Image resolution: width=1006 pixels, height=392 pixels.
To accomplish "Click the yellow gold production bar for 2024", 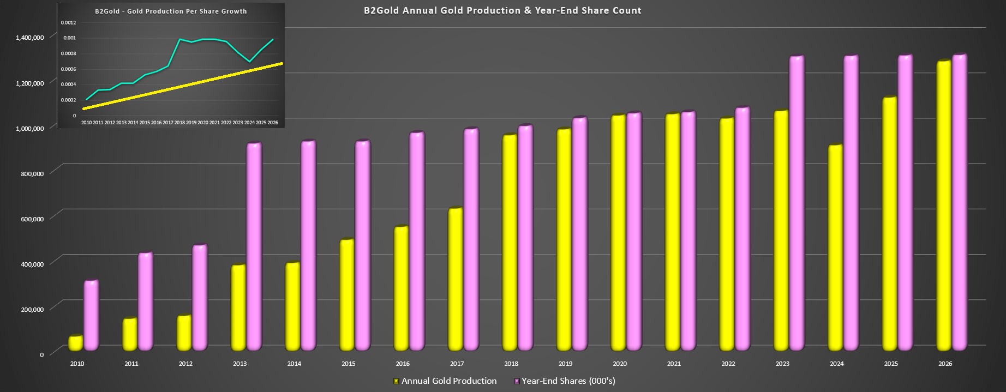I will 835,248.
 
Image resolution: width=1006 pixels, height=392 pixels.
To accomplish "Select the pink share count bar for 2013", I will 254,246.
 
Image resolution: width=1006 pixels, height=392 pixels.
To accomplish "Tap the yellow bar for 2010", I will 75,343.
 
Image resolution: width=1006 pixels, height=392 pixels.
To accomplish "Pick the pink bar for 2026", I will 959,202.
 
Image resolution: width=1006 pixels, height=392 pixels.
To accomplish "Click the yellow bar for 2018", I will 510,243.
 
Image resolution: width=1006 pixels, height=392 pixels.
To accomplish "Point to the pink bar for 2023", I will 797,203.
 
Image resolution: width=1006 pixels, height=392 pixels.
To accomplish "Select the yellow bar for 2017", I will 456,279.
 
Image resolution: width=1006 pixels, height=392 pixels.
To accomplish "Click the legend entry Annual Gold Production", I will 448,381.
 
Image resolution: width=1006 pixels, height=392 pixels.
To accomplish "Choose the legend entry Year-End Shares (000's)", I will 568,381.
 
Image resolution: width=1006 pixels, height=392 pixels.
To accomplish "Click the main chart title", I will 502,10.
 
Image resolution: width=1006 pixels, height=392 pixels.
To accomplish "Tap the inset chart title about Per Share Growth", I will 171,11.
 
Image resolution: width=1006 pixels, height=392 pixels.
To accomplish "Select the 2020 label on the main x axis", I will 620,364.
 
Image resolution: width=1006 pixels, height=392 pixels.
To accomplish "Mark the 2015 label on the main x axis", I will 348,364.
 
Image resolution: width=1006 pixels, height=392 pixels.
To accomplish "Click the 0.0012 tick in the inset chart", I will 68,22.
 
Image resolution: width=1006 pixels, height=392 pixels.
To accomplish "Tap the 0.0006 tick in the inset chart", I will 68,69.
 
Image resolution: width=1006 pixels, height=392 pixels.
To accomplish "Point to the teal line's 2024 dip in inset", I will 249,62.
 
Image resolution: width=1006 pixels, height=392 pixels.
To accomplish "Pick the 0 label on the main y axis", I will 42,355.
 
